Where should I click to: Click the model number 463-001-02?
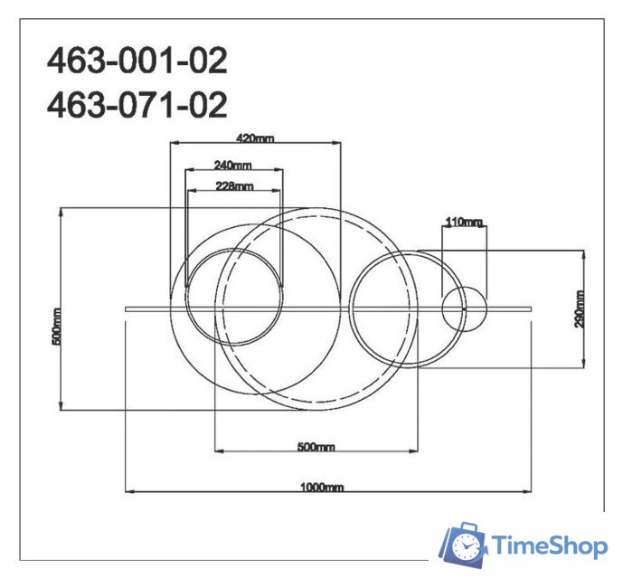(x=137, y=62)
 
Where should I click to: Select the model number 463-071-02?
(x=137, y=105)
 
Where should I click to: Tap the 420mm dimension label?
(x=254, y=138)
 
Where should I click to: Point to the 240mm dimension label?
(x=233, y=165)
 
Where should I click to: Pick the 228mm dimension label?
(x=233, y=186)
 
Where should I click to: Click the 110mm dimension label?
(x=464, y=222)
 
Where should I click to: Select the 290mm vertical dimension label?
(x=580, y=308)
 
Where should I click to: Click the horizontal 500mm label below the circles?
(x=316, y=447)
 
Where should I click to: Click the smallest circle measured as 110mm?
(x=464, y=308)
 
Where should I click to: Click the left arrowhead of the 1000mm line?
(x=127, y=491)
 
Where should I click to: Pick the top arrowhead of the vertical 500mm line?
(x=61, y=210)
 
